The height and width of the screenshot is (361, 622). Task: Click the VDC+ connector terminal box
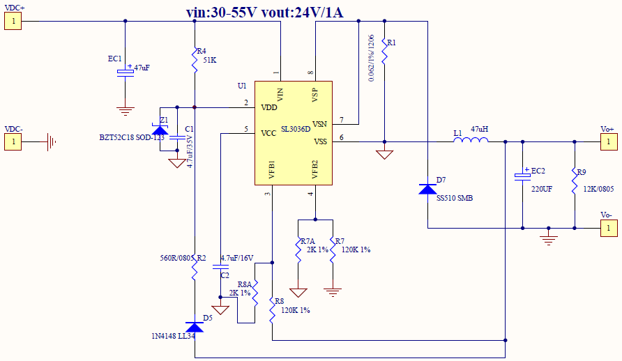click(13, 21)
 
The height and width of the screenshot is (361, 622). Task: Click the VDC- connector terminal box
click(13, 142)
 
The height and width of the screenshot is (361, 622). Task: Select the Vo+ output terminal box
click(608, 142)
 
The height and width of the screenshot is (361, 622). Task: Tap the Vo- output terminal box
click(608, 228)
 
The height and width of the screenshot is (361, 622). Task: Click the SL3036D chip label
click(296, 129)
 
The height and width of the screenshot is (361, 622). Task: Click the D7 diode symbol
click(427, 189)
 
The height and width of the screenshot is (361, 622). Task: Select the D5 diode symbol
click(195, 327)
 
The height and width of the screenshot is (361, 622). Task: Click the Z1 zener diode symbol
click(160, 130)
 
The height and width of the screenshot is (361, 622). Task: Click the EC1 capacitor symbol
click(125, 72)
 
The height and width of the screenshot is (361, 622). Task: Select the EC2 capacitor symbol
click(522, 177)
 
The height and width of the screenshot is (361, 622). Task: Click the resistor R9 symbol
click(575, 180)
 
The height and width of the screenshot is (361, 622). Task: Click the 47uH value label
click(480, 129)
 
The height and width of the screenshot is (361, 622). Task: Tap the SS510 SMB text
click(455, 198)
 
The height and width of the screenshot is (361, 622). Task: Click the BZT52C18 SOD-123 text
click(132, 137)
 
